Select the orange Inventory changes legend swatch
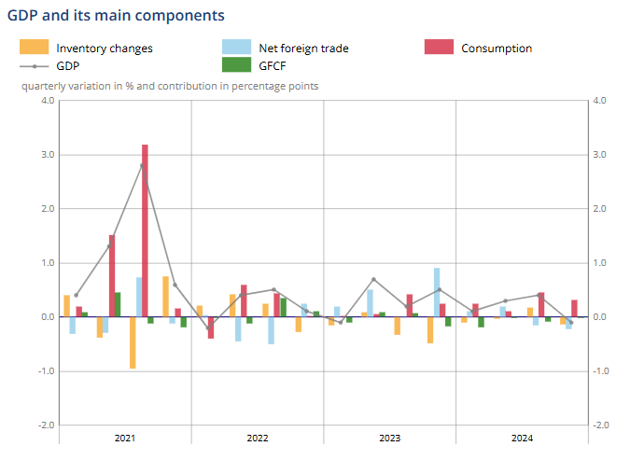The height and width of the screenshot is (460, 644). [x=34, y=48]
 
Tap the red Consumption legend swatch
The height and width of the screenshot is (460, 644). [x=439, y=48]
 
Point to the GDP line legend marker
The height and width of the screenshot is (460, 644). [x=34, y=66]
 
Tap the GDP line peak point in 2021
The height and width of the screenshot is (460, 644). [x=142, y=165]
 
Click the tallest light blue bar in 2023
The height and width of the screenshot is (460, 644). [x=437, y=292]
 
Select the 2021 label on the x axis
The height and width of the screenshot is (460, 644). [x=125, y=438]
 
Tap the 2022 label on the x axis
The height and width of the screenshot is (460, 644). [x=258, y=438]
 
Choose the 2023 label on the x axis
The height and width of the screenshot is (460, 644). [x=390, y=438]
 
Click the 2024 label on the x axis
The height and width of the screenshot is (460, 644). [x=522, y=438]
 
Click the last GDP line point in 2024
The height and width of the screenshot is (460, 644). [x=571, y=323]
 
